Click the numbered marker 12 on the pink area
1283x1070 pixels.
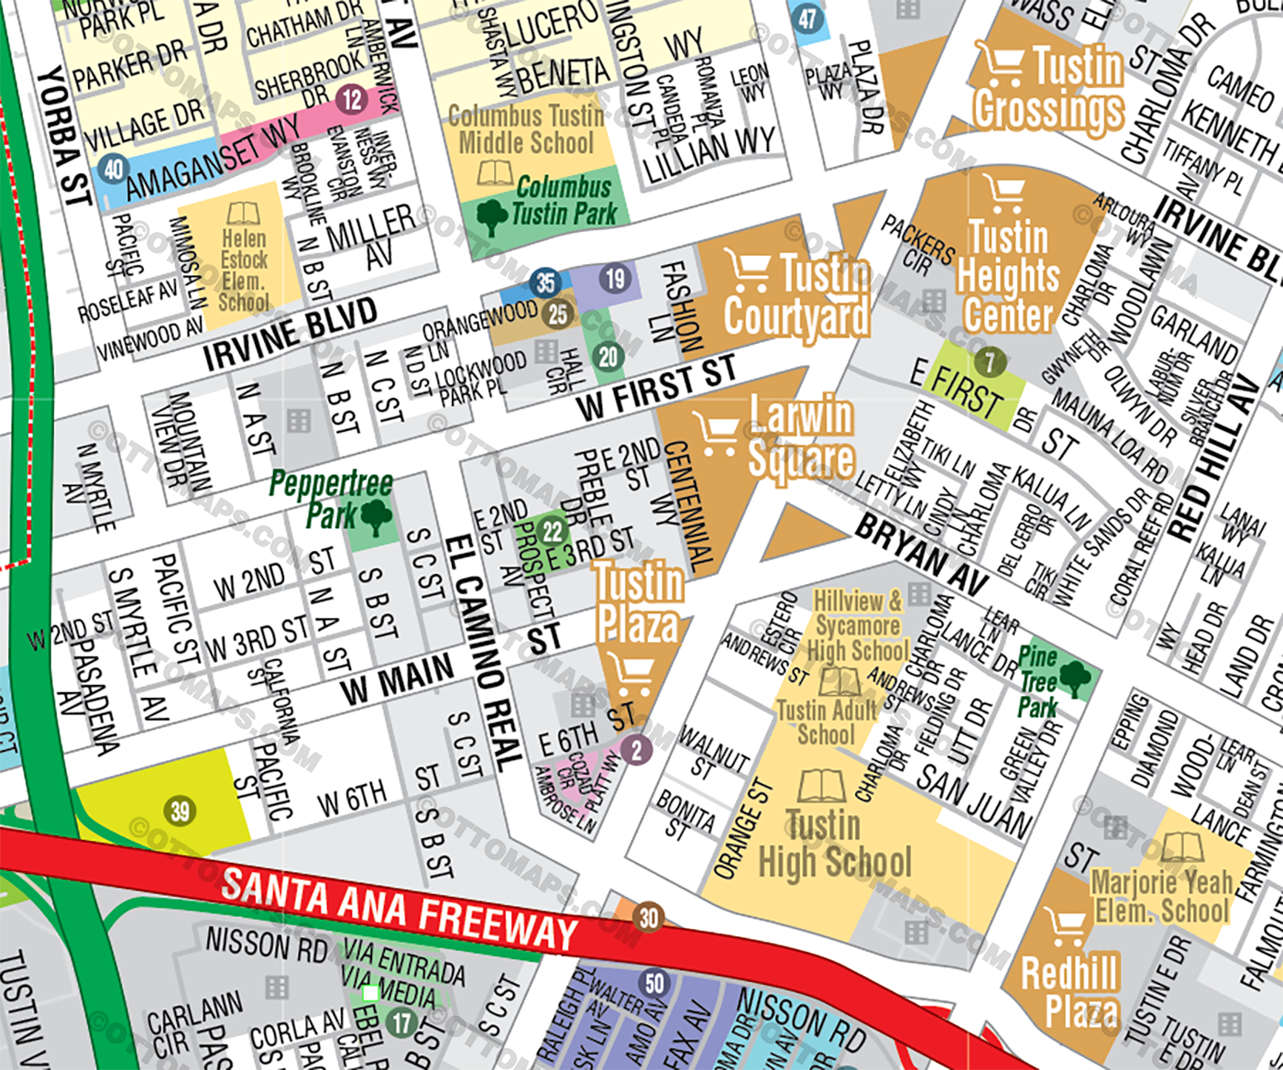[353, 98]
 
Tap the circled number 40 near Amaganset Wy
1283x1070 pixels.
[114, 169]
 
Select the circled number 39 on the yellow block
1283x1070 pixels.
[181, 811]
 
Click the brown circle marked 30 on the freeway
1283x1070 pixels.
[649, 917]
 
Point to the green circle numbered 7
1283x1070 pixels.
[989, 361]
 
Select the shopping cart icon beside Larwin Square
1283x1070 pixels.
[716, 433]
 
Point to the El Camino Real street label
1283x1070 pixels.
[483, 651]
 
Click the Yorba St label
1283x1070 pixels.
[65, 135]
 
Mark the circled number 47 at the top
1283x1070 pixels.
[807, 19]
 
